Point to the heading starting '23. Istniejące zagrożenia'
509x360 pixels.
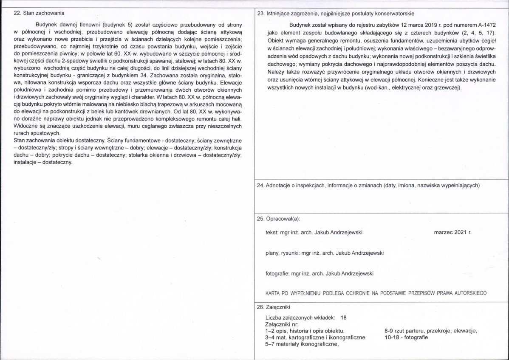click(336, 14)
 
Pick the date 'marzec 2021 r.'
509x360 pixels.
click(453, 232)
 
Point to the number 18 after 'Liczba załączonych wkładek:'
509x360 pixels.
click(344, 318)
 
